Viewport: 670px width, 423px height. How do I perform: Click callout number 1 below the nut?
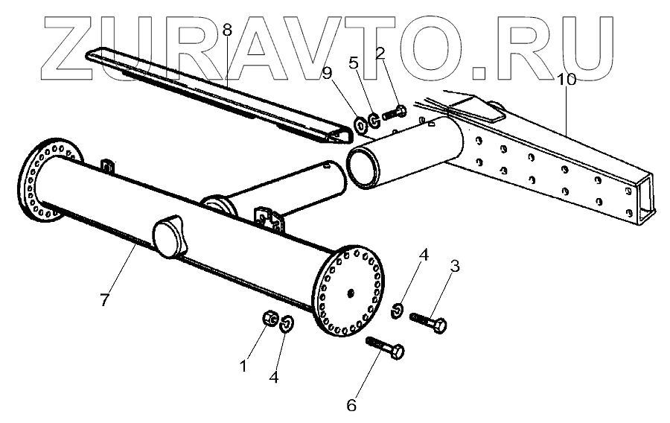[x=241, y=366]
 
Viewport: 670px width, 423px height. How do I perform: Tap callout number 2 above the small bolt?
[x=380, y=53]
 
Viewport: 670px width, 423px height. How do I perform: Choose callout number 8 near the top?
[x=227, y=31]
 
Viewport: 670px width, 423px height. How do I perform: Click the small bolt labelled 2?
[x=394, y=113]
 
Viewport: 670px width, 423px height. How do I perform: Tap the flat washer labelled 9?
[x=361, y=123]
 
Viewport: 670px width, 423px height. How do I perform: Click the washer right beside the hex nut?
[x=287, y=322]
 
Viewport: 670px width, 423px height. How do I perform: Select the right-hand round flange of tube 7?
[x=349, y=289]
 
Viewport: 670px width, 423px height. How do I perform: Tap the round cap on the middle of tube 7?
[x=170, y=235]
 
